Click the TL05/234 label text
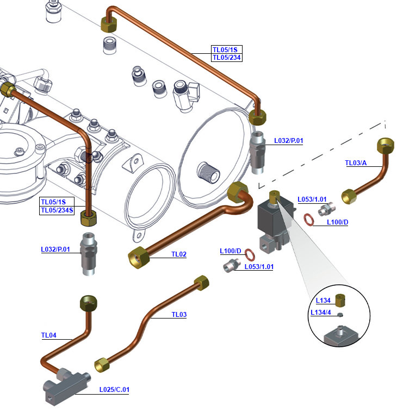tap(226, 58)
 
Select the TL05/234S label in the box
tap(57, 210)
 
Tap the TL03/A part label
tap(356, 163)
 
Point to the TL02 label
tap(179, 254)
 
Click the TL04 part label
tap(49, 335)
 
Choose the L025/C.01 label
tap(114, 390)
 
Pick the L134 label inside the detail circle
tap(323, 301)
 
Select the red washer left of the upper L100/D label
tap(308, 219)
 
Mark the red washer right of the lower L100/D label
tap(251, 254)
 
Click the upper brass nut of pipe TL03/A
tap(386, 146)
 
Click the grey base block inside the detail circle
tap(339, 336)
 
